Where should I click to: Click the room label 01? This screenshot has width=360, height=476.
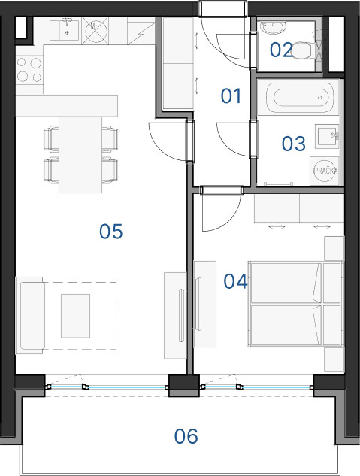click(x=231, y=96)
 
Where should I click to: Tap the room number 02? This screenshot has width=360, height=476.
click(x=281, y=50)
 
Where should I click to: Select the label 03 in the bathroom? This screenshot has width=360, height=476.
click(x=294, y=144)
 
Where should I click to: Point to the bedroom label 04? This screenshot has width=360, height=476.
click(x=235, y=281)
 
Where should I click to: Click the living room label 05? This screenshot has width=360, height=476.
click(x=111, y=232)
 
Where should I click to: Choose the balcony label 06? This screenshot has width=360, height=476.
click(x=186, y=436)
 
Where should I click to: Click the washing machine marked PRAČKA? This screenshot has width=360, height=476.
click(x=325, y=171)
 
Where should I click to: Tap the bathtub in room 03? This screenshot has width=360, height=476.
click(x=301, y=98)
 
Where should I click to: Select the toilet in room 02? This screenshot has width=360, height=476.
click(x=302, y=50)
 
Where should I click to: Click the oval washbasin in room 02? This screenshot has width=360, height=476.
click(x=273, y=28)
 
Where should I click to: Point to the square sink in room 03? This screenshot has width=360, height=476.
click(x=327, y=136)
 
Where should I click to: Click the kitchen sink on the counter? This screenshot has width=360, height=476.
click(x=66, y=29)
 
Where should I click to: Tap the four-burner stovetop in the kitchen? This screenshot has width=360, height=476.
click(x=29, y=70)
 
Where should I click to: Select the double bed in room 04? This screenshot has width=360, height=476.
click(x=296, y=304)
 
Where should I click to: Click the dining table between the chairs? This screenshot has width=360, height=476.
click(x=80, y=155)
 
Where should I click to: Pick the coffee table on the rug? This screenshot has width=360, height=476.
click(x=75, y=316)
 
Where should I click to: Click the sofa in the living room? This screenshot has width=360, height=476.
click(x=30, y=315)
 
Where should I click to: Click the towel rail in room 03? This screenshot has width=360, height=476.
click(x=278, y=183)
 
